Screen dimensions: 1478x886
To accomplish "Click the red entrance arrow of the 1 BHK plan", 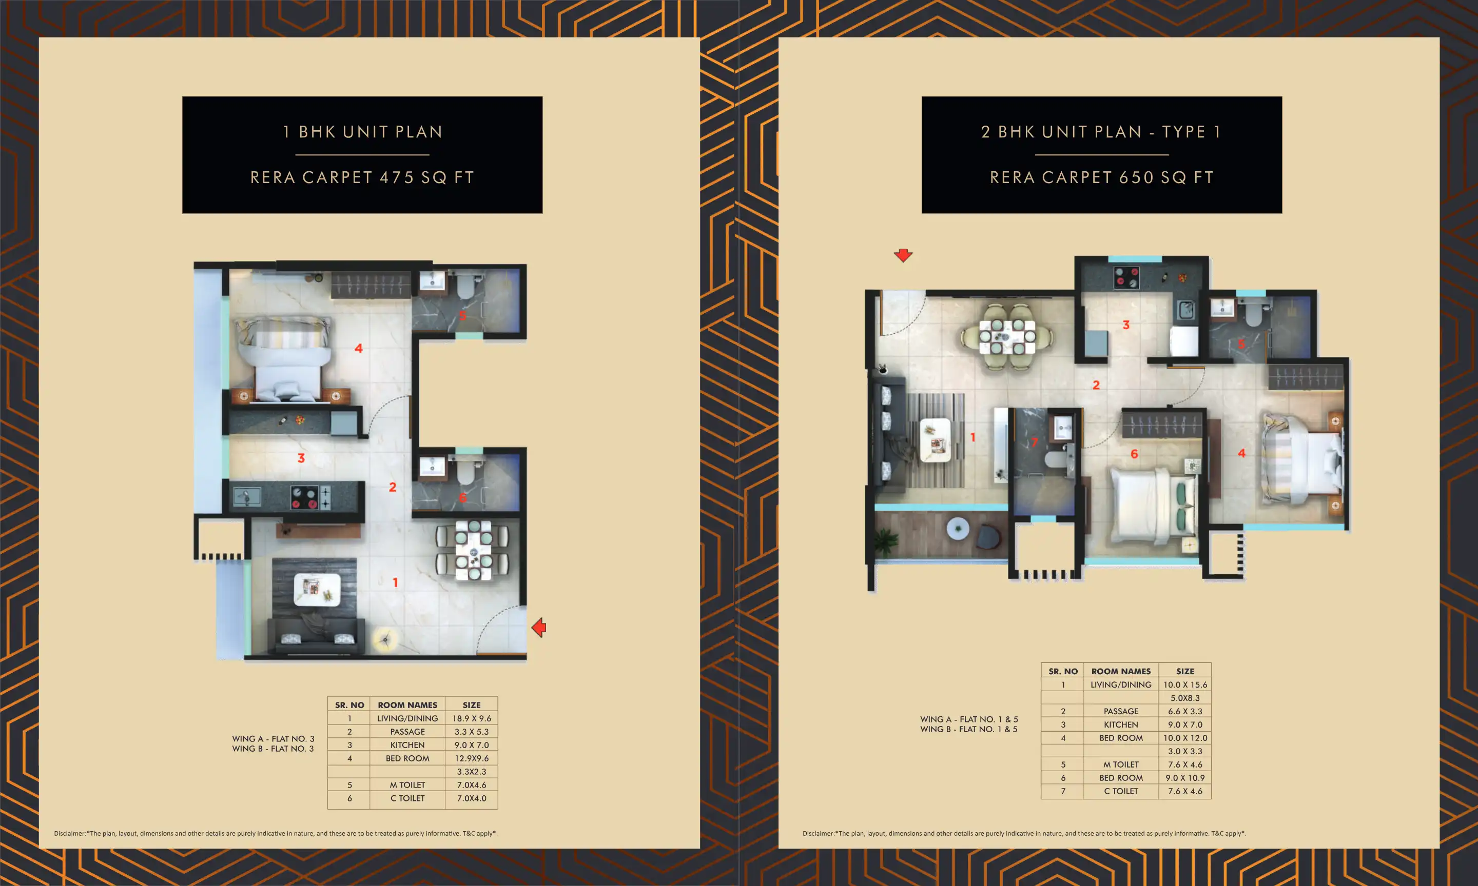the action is [x=539, y=628].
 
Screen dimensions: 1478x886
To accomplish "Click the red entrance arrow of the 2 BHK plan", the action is [x=903, y=255].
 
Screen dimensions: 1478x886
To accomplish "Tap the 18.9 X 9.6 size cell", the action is [x=471, y=718].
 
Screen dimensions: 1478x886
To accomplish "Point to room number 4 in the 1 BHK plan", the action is [x=358, y=348].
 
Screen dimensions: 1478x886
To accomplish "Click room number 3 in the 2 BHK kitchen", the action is [x=1126, y=325].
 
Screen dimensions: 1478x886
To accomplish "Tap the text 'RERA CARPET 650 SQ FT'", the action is [x=1102, y=177].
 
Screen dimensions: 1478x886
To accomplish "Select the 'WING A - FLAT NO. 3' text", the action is [x=273, y=738].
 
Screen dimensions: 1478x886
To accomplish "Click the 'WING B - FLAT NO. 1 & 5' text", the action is [x=969, y=729].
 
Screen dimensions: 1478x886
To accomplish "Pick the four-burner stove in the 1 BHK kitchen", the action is [x=304, y=497].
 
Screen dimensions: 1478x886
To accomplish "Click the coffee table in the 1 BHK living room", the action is [x=317, y=589].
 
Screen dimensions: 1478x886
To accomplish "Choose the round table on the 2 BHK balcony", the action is [x=958, y=529].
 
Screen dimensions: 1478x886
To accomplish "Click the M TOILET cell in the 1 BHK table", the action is [x=407, y=784].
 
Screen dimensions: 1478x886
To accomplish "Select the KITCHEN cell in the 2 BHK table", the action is [x=1121, y=724].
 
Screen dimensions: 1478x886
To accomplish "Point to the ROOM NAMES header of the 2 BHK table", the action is [x=1121, y=671].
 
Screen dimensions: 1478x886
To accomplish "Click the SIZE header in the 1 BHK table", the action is [x=471, y=705].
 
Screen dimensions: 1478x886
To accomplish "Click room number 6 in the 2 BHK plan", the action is [x=1134, y=454].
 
